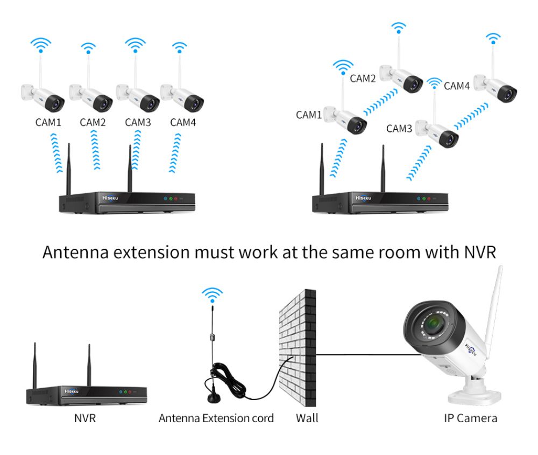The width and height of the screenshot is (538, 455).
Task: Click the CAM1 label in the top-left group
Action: [48, 122]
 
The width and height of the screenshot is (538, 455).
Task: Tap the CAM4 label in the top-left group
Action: [183, 122]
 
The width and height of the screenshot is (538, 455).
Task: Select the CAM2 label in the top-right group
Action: [363, 79]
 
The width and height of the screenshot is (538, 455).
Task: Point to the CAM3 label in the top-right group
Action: [399, 129]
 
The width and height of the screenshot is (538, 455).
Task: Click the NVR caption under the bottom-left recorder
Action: [85, 418]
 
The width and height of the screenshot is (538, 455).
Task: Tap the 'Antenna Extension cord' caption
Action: [216, 418]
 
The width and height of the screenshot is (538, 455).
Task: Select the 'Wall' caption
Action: [307, 418]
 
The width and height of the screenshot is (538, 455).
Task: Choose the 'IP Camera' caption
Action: [470, 418]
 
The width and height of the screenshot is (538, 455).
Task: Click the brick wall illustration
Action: [298, 351]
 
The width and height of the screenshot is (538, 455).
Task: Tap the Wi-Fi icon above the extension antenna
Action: [212, 295]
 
